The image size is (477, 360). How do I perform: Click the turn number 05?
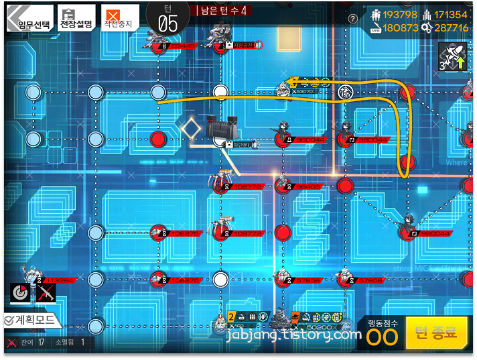point(167,23)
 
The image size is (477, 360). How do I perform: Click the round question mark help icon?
point(353,19)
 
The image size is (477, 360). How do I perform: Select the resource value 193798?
point(400,15)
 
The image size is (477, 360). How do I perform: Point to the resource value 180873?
point(400,28)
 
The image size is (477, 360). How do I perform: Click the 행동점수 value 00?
point(383,337)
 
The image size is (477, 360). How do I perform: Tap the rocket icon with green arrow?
point(452,58)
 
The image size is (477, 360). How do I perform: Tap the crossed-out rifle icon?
point(46,293)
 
